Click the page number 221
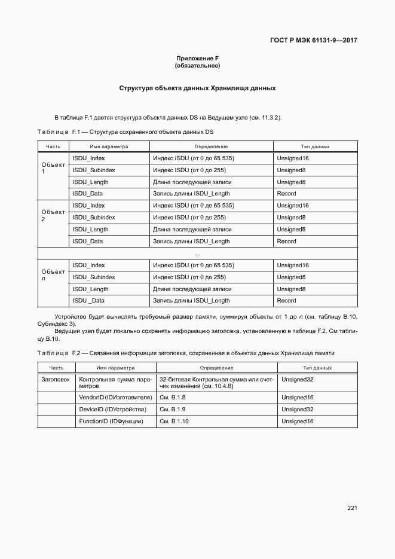(351, 508)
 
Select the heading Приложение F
(197, 58)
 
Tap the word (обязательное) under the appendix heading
(197, 65)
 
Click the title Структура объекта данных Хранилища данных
(197, 88)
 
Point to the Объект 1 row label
(53, 168)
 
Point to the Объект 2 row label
(53, 215)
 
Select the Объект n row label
(53, 275)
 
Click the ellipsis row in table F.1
(197, 253)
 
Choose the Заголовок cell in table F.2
(56, 379)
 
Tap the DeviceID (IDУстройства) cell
(112, 410)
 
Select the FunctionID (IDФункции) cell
(111, 421)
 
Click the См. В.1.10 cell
(174, 421)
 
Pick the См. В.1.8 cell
(173, 398)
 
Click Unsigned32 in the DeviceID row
(297, 410)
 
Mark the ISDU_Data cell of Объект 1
(88, 194)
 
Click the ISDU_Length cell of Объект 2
(90, 230)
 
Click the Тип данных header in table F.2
(317, 368)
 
